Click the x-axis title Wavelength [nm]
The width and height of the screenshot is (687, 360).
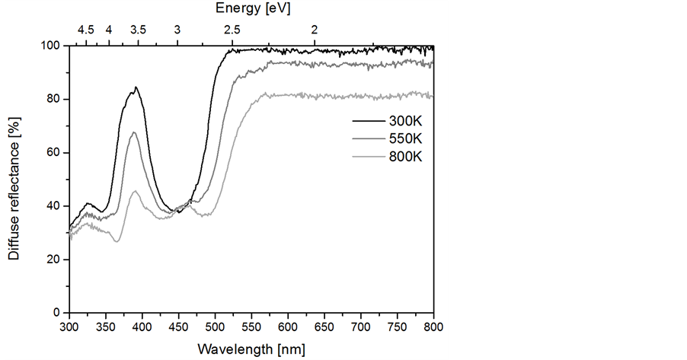click(251, 349)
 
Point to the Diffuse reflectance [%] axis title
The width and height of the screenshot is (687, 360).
click(14, 178)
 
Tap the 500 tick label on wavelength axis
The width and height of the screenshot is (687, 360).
click(215, 328)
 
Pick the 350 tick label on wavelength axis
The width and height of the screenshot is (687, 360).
click(106, 328)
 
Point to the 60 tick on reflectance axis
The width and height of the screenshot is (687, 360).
click(53, 153)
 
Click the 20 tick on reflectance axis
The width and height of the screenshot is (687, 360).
click(53, 260)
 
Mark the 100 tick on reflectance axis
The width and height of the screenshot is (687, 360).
click(50, 46)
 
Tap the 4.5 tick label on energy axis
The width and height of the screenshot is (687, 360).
click(86, 30)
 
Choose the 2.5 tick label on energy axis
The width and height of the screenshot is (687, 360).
click(232, 30)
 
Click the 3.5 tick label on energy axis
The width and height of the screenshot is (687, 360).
click(138, 30)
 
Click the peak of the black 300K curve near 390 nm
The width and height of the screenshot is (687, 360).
click(136, 88)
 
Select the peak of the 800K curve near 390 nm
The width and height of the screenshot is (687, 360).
click(136, 191)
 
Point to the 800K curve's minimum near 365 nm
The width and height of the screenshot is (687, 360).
click(117, 242)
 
